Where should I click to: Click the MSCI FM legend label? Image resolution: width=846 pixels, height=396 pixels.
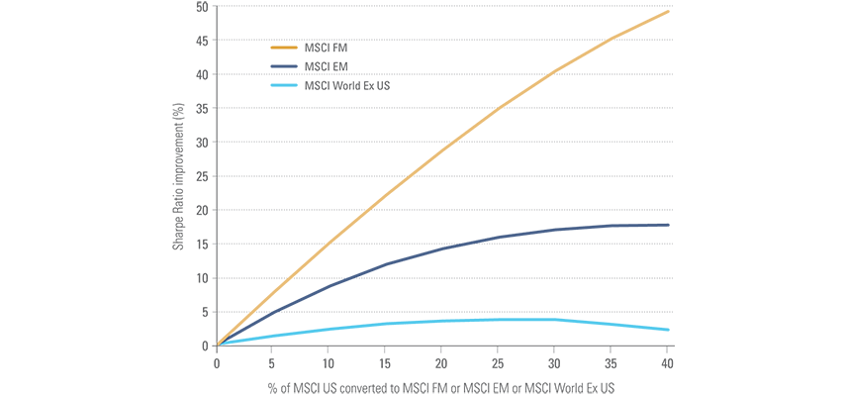pyautogui.click(x=327, y=46)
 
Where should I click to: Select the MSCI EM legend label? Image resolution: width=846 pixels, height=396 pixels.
pyautogui.click(x=327, y=66)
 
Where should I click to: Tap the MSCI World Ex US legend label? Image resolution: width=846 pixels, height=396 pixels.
pyautogui.click(x=346, y=86)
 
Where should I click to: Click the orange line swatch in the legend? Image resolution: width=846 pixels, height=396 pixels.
pyautogui.click(x=284, y=46)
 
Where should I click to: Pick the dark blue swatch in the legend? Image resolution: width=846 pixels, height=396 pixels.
pyautogui.click(x=284, y=66)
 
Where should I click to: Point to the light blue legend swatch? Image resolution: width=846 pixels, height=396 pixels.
pyautogui.click(x=284, y=86)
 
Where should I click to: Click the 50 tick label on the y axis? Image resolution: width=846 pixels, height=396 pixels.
pyautogui.click(x=202, y=7)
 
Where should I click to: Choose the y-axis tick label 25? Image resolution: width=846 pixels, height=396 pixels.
pyautogui.click(x=202, y=176)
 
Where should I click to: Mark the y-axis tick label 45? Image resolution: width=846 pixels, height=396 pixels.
pyautogui.click(x=202, y=41)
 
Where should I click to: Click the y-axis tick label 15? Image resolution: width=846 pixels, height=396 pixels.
pyautogui.click(x=202, y=244)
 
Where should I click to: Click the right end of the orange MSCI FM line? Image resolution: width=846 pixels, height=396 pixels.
pyautogui.click(x=670, y=11)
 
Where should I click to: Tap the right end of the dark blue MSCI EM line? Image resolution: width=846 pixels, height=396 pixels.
pyautogui.click(x=670, y=225)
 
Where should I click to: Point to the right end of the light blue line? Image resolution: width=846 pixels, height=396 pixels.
pyautogui.click(x=670, y=330)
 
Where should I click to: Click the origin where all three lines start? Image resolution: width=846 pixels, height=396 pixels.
pyautogui.click(x=218, y=345)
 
